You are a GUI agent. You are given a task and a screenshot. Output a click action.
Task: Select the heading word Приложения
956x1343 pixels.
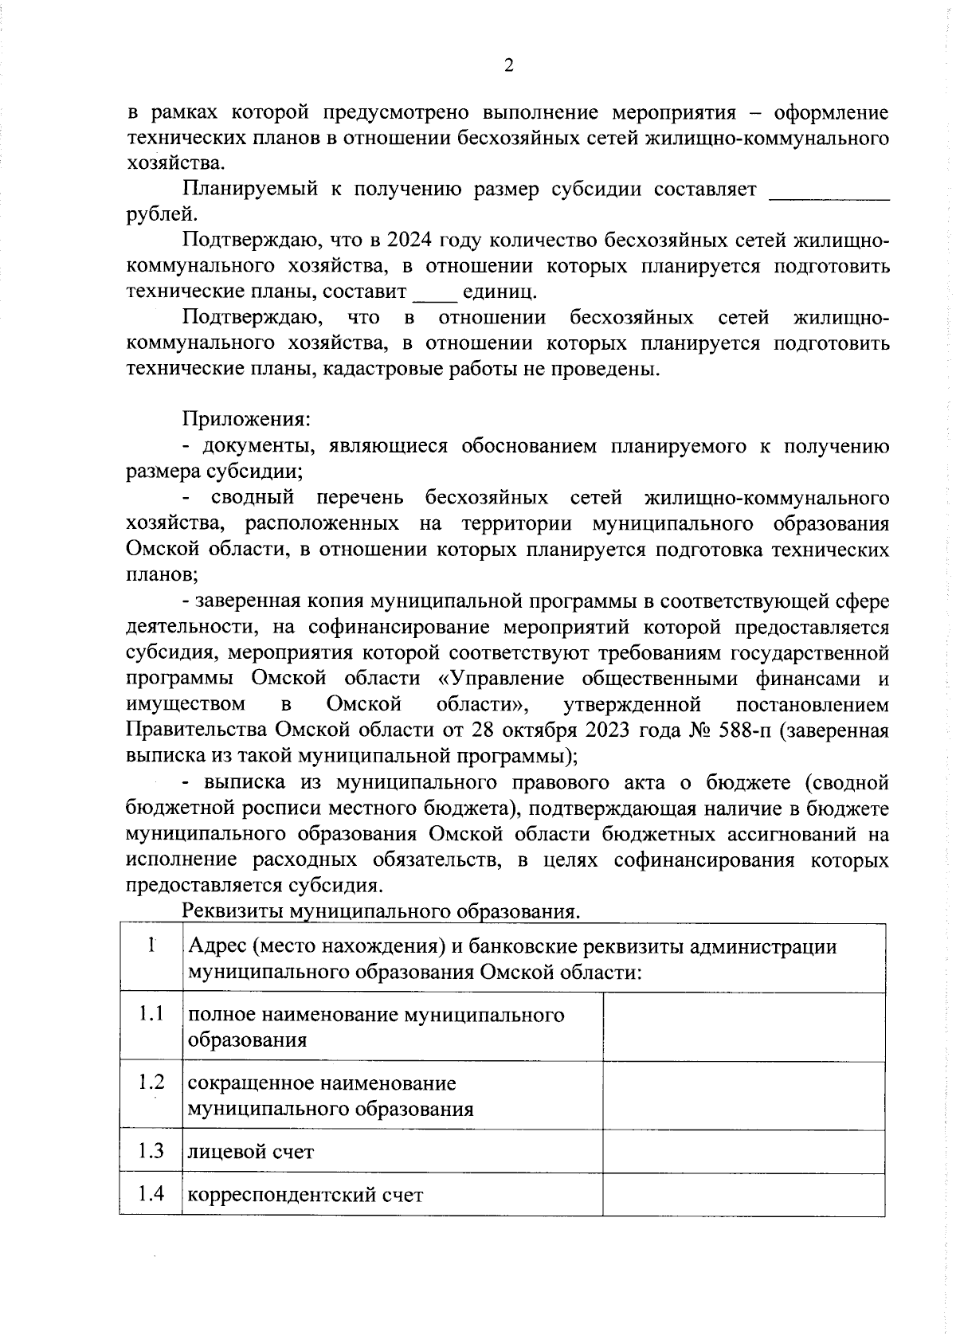tap(246, 419)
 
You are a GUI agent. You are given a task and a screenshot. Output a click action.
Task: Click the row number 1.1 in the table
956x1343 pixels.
tap(151, 1014)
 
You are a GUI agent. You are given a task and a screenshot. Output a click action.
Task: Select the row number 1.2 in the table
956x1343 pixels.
tap(151, 1083)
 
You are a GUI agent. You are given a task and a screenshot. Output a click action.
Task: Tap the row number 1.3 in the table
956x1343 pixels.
tap(151, 1150)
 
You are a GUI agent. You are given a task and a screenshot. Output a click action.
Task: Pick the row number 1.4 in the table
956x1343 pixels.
tap(151, 1193)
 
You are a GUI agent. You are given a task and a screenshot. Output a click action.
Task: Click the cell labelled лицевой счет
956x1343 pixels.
tap(251, 1152)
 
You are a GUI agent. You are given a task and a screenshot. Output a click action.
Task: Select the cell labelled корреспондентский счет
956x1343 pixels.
tap(305, 1195)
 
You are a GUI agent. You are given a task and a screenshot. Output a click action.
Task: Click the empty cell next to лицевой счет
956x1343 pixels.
tap(743, 1151)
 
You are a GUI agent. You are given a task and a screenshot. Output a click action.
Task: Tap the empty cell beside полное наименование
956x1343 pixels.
tap(743, 1026)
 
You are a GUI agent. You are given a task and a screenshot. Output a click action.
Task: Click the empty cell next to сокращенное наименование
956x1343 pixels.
tap(743, 1094)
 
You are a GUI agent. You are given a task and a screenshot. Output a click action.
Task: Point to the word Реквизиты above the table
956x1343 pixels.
tap(233, 910)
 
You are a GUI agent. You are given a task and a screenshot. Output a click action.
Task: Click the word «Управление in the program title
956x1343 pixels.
tap(500, 679)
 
